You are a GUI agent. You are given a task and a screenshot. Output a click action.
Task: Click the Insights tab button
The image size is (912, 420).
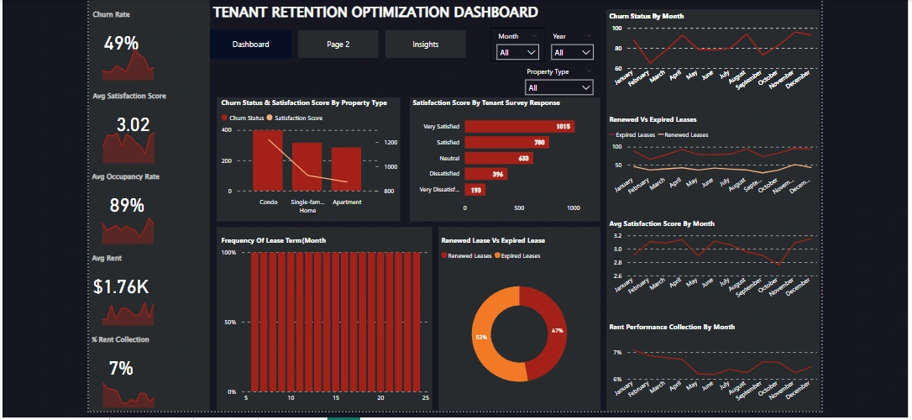426,45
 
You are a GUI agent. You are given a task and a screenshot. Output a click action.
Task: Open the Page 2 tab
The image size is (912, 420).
338,45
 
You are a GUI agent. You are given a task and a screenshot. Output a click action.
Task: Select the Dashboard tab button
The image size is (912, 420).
251,45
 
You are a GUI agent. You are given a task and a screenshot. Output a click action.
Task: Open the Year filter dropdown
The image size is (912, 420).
572,52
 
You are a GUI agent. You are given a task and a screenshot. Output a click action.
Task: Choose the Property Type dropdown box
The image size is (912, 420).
559,87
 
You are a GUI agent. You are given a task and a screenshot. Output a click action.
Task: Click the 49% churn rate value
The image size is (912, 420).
122,44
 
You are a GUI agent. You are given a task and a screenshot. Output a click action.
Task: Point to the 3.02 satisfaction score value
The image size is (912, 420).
133,125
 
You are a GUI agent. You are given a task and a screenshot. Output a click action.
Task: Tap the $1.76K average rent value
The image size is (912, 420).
122,287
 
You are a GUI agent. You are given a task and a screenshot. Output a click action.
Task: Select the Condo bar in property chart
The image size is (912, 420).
268,161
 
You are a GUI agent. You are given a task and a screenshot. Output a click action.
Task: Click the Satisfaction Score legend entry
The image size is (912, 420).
298,118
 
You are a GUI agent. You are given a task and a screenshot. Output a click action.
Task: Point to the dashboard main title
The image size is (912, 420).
375,13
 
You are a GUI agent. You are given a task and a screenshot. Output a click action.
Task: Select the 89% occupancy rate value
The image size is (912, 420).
127,206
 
